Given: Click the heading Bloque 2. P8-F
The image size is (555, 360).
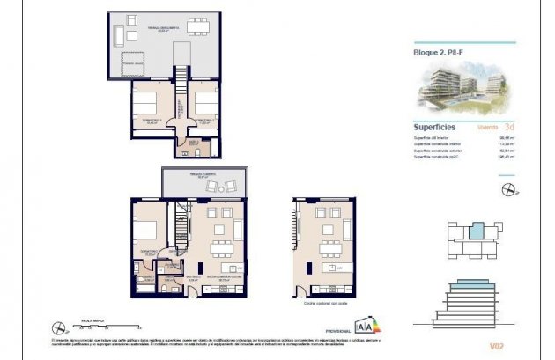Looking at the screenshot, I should pyautogui.click(x=438, y=52).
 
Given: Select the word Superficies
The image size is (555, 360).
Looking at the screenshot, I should pyautogui.click(x=435, y=127).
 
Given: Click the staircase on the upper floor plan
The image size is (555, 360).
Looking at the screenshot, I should pyautogui.click(x=180, y=84).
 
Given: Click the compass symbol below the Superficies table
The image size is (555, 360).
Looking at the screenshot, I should pyautogui.click(x=507, y=188).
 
